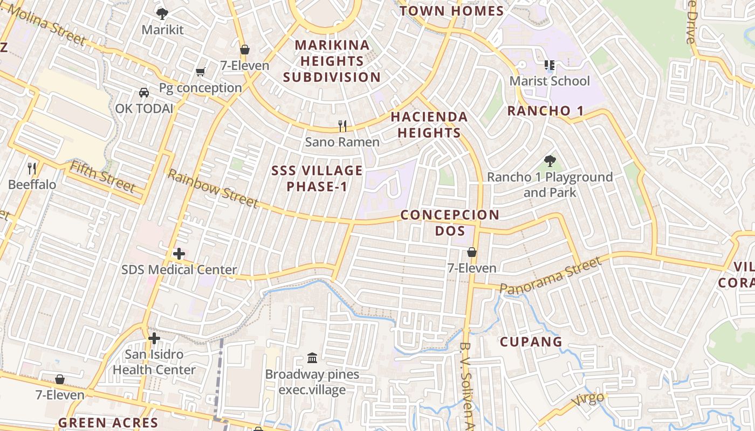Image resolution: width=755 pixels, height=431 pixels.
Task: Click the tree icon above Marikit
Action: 162,14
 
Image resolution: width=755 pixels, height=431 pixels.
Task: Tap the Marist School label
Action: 550,81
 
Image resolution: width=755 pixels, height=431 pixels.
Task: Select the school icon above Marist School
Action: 550,66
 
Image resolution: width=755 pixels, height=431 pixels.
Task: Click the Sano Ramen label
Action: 342,142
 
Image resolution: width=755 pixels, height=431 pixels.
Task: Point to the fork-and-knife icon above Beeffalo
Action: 32,169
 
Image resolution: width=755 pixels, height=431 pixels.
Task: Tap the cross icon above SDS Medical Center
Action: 179,254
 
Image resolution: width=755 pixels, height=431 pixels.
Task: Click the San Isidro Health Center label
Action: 154,362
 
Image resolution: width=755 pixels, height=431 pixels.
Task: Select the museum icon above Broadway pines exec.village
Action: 312,358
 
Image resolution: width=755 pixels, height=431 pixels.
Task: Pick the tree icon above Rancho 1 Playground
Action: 550,161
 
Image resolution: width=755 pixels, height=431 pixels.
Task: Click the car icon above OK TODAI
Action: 144,93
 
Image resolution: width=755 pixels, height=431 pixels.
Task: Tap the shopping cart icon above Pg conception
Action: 201,72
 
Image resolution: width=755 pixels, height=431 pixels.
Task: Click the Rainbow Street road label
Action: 212,188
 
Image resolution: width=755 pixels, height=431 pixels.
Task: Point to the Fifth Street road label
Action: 102,177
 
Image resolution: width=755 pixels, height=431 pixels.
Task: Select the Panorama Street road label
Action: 550,275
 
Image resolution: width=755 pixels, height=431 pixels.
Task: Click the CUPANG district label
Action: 531,342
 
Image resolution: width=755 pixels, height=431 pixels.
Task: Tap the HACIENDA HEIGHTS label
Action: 429,124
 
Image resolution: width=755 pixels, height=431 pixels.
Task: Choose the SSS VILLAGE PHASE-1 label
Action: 317,178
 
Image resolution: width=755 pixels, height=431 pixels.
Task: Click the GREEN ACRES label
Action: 108,422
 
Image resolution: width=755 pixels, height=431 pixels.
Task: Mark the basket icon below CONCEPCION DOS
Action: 472,252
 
